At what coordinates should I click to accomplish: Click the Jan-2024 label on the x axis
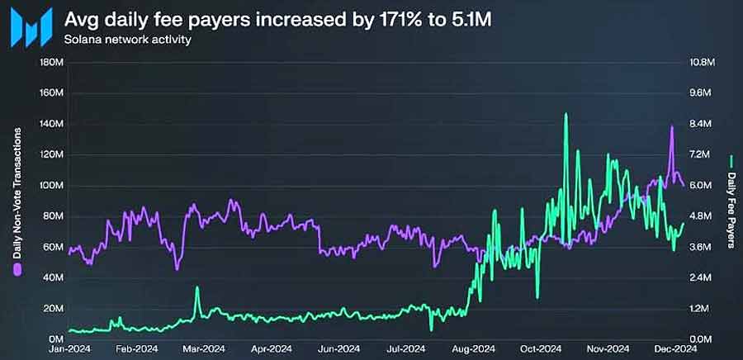[x=69, y=349]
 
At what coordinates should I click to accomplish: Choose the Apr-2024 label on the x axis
[x=271, y=349]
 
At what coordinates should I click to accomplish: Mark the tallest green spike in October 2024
[x=566, y=115]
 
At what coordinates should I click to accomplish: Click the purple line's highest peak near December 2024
[x=671, y=126]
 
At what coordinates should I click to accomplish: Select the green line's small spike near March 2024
[x=196, y=288]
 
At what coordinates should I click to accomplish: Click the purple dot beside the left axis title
[x=17, y=270]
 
